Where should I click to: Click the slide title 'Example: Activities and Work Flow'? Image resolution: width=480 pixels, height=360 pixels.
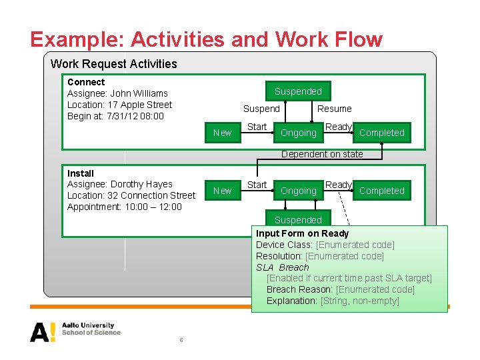(207, 39)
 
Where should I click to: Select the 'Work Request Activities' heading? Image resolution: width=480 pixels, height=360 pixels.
(114, 64)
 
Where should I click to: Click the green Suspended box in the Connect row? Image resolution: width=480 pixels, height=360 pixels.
(298, 91)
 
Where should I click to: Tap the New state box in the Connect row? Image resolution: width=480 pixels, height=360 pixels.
(222, 133)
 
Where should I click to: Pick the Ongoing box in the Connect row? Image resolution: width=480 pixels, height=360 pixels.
(298, 133)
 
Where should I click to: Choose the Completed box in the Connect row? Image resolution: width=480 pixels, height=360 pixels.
(381, 133)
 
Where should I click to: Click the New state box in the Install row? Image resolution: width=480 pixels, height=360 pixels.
(222, 191)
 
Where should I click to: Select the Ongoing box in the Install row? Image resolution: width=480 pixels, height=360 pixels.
(298, 191)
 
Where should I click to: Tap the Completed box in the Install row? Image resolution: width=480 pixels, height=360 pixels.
(381, 191)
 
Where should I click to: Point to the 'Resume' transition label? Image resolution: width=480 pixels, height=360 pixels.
(334, 109)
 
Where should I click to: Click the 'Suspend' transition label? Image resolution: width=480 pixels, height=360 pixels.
(261, 109)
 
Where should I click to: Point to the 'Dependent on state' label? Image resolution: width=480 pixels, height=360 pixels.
(322, 154)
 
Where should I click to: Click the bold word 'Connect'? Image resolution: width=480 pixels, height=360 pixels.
(86, 82)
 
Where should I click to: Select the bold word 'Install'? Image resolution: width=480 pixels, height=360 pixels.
(81, 173)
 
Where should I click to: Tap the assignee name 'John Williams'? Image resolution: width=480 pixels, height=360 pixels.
(139, 93)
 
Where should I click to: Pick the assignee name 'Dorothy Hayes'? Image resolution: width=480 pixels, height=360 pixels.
(141, 184)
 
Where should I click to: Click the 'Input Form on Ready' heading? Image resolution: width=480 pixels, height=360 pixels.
(302, 233)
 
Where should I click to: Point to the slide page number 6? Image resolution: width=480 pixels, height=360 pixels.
(181, 341)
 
